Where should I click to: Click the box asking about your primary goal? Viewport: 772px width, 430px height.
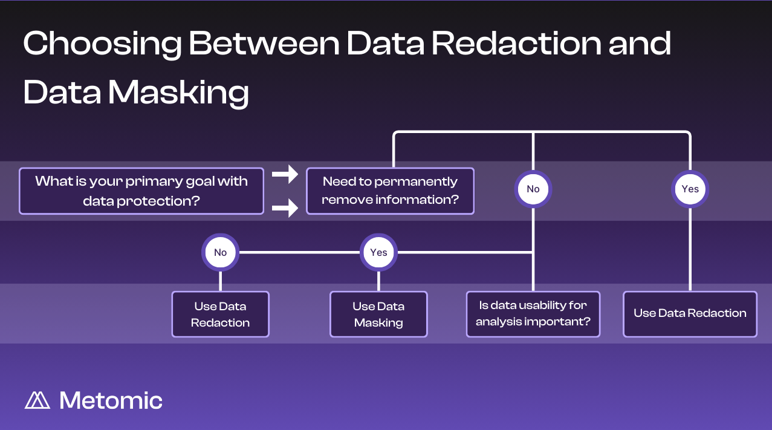141,191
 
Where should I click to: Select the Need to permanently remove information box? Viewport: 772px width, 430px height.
390,191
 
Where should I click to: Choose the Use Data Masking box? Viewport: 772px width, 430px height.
378,314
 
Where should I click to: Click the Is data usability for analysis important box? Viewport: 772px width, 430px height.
533,314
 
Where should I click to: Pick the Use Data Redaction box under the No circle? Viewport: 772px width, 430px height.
220,314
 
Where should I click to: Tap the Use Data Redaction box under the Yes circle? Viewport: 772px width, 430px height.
690,314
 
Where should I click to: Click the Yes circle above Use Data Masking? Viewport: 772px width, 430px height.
378,252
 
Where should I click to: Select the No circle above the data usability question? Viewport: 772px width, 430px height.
533,189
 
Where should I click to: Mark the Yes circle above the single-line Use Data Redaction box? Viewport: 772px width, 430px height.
690,189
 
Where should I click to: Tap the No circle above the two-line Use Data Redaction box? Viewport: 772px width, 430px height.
220,252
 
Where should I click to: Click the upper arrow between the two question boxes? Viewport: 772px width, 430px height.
285,175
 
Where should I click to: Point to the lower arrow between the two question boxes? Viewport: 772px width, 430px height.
285,209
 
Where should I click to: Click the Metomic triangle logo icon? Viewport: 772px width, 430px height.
37,400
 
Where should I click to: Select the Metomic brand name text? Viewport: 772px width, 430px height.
111,400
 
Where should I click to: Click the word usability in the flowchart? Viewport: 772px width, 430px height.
540,305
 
